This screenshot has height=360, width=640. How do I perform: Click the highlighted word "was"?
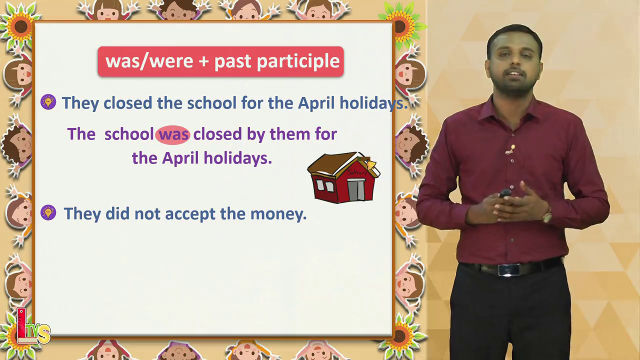point(172,134)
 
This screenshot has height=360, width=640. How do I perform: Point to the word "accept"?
point(190,214)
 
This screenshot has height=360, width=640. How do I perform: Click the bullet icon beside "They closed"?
point(48,102)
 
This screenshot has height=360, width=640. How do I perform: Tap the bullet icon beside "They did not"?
point(48,212)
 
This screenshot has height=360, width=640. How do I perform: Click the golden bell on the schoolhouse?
point(371,164)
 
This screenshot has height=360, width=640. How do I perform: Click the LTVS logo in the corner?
point(32,327)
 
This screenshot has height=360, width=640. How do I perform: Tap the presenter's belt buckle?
point(509,269)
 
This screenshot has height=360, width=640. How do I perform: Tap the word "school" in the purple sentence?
point(129,134)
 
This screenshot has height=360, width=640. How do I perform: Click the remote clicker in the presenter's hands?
point(505,193)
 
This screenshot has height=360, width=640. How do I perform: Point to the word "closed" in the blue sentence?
point(127,103)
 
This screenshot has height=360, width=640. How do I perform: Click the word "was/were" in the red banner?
point(149,61)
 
